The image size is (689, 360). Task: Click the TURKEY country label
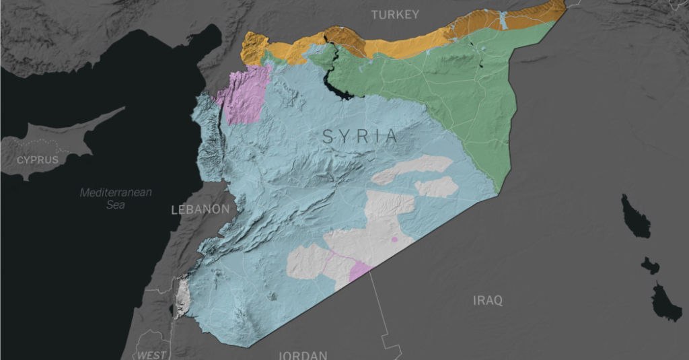pos(395,14)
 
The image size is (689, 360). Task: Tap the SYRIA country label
pos(360,137)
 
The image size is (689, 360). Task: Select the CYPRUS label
pos(38,160)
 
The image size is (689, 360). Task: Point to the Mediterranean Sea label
pos(116,199)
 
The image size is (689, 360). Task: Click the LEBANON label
pos(201,210)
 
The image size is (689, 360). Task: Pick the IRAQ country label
pos(487,300)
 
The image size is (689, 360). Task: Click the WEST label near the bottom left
pos(151,355)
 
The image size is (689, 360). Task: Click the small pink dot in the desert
pos(394,239)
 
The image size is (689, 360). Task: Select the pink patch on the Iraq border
pos(360,271)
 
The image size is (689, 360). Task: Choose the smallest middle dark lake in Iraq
pos(651,265)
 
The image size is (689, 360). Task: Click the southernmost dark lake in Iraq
pos(666,302)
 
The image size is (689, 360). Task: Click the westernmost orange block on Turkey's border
pos(254,48)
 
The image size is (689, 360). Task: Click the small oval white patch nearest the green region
pos(437,188)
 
